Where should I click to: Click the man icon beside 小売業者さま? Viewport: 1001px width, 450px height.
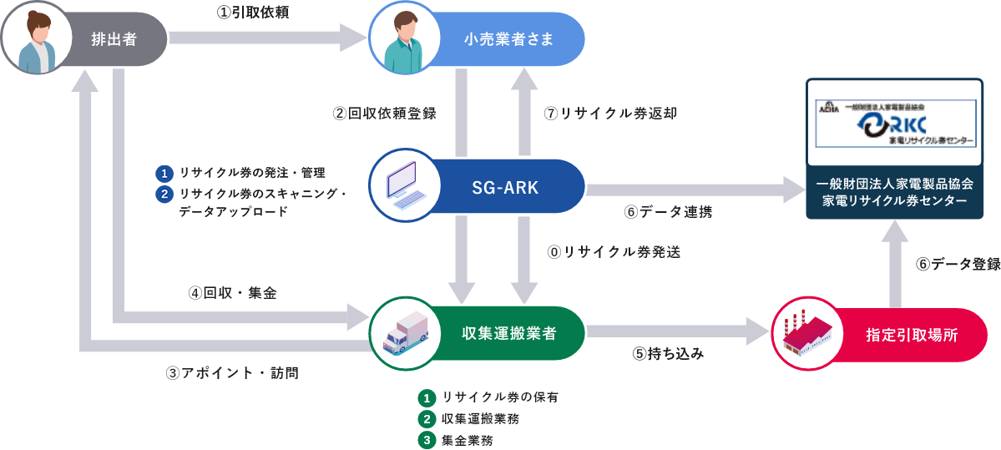click(x=404, y=38)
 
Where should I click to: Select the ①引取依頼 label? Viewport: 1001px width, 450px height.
click(x=252, y=13)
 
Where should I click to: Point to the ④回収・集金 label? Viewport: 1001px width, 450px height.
click(x=231, y=293)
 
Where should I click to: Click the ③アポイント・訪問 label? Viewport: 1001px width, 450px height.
click(x=232, y=373)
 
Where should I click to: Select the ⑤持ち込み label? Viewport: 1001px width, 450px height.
click(x=668, y=353)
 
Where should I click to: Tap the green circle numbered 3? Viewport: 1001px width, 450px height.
click(x=427, y=439)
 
